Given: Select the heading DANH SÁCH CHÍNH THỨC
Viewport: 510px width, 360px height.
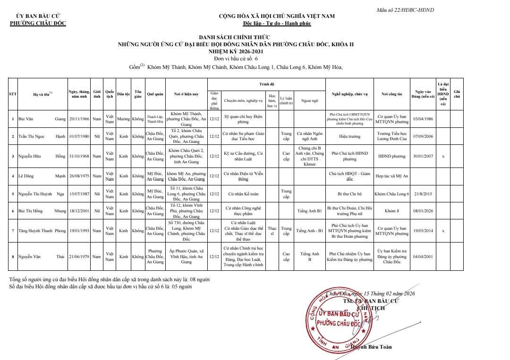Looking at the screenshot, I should pyautogui.click(x=236, y=38).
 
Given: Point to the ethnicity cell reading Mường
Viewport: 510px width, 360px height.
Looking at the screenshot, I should pyautogui.click(x=123, y=119).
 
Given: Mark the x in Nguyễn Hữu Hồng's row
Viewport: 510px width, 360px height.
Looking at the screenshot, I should pyautogui.click(x=443, y=156).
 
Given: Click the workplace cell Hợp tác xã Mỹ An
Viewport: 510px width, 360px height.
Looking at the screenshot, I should pyautogui.click(x=391, y=176).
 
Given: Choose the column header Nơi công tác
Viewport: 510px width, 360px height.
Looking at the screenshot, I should pyautogui.click(x=391, y=94).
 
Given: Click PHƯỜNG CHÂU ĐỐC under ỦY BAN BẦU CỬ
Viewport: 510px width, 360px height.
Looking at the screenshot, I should pyautogui.click(x=38, y=23).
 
